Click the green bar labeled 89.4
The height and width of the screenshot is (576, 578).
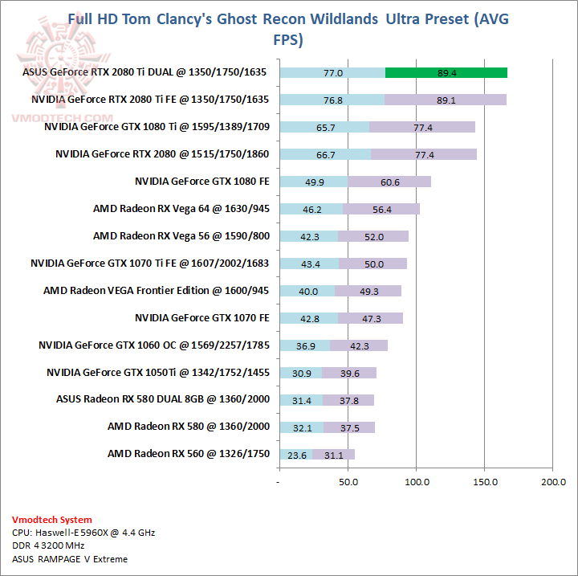click(446, 72)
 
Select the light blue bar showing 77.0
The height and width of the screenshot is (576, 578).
click(332, 72)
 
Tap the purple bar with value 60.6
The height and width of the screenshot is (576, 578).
click(390, 182)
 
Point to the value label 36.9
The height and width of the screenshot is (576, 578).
click(306, 345)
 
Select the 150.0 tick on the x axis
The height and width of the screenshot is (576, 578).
click(485, 482)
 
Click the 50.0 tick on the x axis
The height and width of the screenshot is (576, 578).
click(348, 482)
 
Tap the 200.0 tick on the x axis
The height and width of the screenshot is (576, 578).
click(553, 482)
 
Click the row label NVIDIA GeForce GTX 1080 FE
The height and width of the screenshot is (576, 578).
click(201, 182)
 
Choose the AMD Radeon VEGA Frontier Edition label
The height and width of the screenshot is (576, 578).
click(156, 291)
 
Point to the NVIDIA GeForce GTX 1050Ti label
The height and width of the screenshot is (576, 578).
click(157, 373)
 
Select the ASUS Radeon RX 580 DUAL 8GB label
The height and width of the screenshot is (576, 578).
click(162, 400)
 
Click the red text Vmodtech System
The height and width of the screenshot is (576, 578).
click(52, 520)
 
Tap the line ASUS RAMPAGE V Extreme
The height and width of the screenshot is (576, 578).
click(70, 559)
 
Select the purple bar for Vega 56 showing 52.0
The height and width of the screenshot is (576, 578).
click(373, 236)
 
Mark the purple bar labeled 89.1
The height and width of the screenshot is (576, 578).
click(445, 100)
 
